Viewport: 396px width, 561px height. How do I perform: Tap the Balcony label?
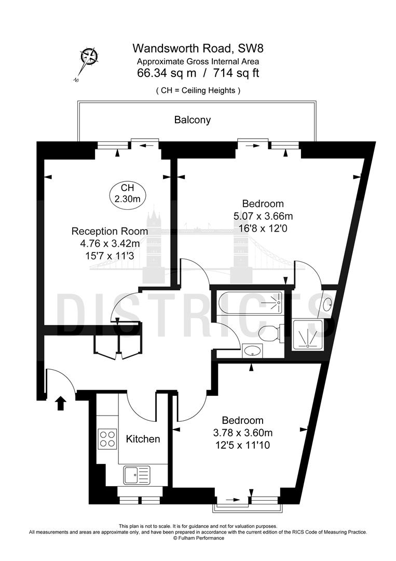pos(193,120)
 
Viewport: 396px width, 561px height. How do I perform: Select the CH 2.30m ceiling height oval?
pos(127,193)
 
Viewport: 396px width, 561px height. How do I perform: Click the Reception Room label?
pos(110,231)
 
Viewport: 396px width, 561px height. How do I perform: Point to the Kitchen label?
pos(143,439)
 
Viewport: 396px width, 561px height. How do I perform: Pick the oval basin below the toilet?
pos(252,351)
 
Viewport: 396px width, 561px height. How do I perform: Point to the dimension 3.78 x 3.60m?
pos(243,432)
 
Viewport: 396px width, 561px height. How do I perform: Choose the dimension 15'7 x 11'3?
pos(110,255)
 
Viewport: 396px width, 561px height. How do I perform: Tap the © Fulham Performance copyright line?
pos(198,538)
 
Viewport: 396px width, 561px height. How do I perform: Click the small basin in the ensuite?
pos(328,304)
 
